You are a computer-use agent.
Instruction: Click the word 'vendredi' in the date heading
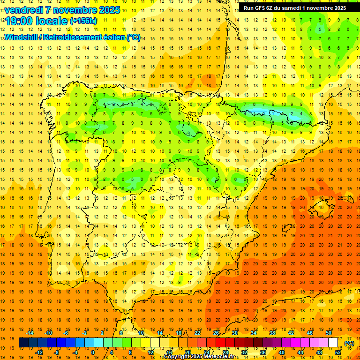tap(24, 10)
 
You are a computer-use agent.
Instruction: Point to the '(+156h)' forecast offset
tap(83, 21)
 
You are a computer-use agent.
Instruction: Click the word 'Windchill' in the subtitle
tap(21, 37)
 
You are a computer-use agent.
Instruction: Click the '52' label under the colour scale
tap(338, 352)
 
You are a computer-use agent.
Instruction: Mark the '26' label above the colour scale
tap(216, 333)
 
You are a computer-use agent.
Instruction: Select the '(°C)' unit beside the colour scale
tap(349, 343)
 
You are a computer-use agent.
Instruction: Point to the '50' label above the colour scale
tap(329, 333)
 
